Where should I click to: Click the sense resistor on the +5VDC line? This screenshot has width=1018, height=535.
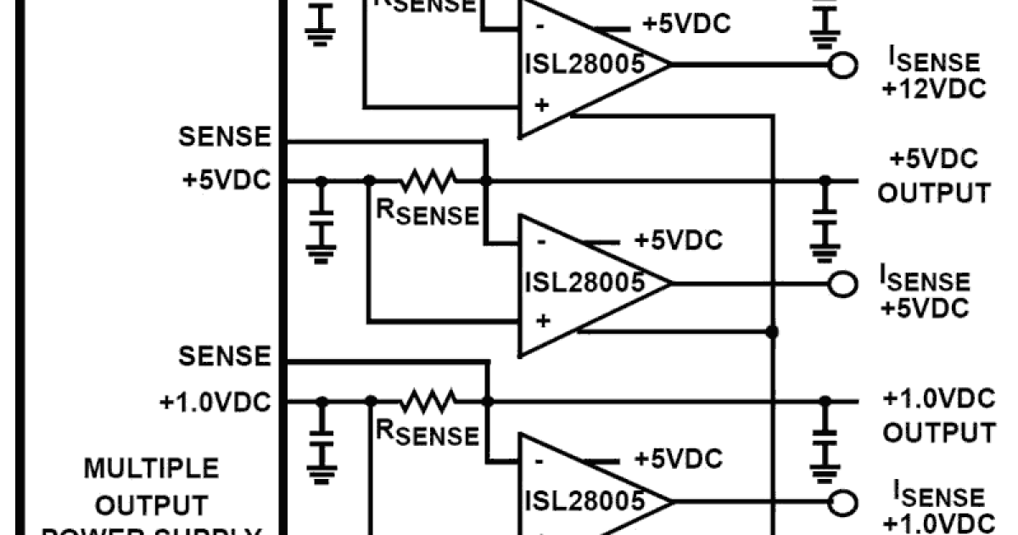(428, 180)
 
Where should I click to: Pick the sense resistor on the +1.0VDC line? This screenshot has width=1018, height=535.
(428, 399)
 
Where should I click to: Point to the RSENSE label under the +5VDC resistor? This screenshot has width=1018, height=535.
(427, 213)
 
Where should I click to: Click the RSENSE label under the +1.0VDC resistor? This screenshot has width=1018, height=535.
(427, 433)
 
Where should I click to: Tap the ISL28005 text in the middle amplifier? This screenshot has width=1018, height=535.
(585, 283)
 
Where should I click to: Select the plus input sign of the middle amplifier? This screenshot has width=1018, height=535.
(543, 322)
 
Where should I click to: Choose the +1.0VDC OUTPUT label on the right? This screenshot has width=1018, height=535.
(937, 416)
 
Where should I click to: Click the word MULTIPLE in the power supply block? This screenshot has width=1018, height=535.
(139, 469)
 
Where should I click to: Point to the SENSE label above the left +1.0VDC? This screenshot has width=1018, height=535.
(225, 357)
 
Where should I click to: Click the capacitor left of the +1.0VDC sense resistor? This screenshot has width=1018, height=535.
(322, 434)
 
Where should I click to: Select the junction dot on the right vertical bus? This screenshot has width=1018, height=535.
(772, 330)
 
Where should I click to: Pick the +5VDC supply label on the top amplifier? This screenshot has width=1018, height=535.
(685, 24)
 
